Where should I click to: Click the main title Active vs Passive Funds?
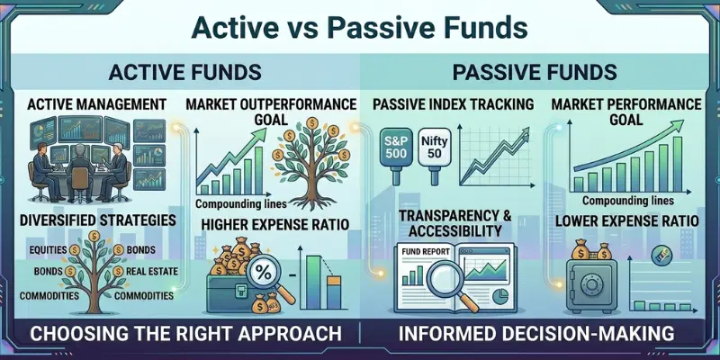click(360, 27)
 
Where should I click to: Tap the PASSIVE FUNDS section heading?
click(539, 72)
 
